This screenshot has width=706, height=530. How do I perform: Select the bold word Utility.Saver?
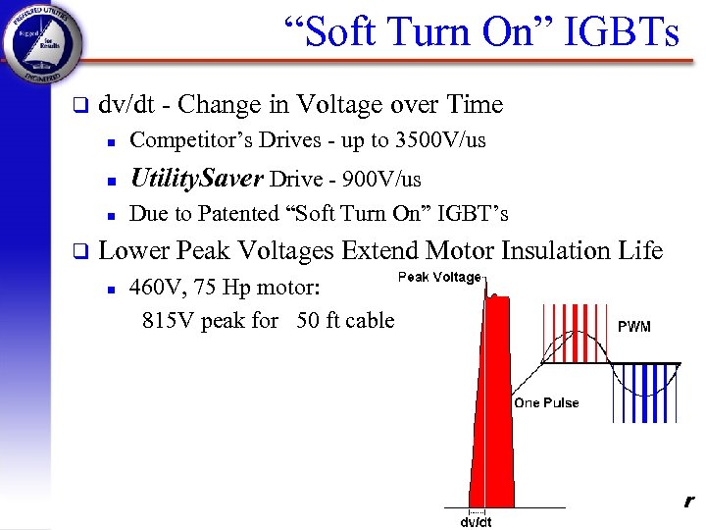click(196, 178)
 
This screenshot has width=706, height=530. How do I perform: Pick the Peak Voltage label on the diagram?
click(438, 278)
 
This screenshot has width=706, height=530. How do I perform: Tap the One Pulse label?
click(546, 402)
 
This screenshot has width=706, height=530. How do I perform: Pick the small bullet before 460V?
click(112, 291)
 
